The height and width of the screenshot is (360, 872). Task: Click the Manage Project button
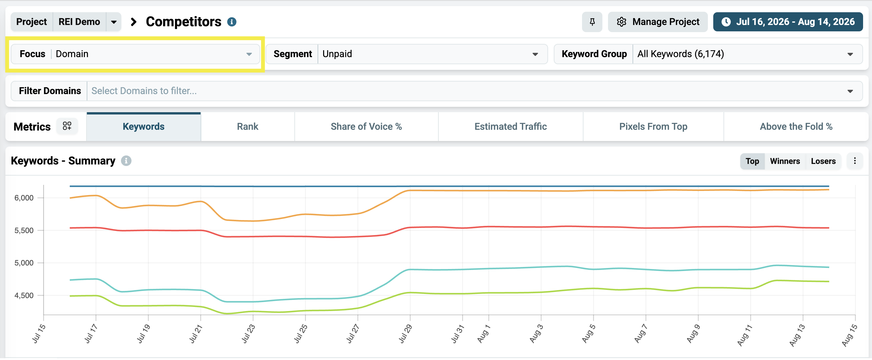pos(657,22)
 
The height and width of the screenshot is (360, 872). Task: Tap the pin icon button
pos(592,22)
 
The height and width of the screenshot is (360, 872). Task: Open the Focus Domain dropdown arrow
pos(249,54)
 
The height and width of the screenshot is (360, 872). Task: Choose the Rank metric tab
pos(247,127)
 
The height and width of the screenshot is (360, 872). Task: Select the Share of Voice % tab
pos(366,127)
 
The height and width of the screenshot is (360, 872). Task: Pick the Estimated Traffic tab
pos(510,127)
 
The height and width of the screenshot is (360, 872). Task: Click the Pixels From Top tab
pos(653,127)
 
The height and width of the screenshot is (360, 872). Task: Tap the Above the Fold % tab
pos(796,127)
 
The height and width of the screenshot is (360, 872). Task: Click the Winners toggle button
pos(785,161)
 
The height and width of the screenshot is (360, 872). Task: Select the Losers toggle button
pos(823,161)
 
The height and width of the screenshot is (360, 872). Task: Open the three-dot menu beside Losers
pos(855,161)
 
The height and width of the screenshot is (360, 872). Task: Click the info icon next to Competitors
pos(232,22)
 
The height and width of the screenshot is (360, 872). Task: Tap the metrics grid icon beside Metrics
pos(67,126)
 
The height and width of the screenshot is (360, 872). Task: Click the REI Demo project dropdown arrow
pos(114,22)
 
